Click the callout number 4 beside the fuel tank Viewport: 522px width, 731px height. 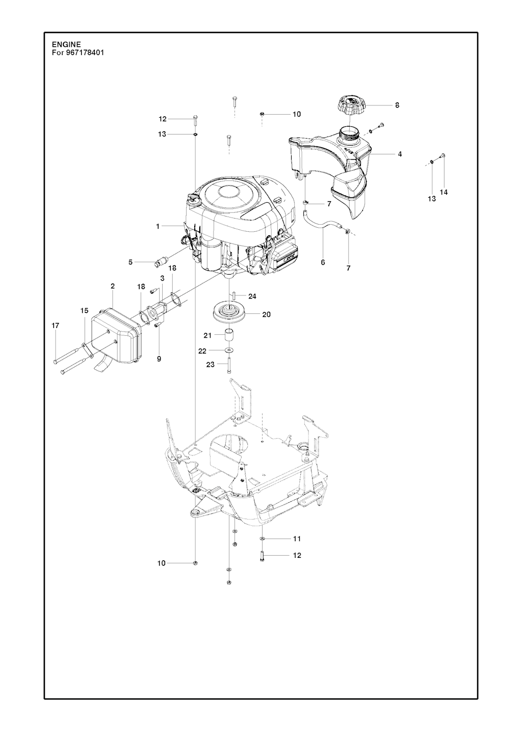pyautogui.click(x=400, y=154)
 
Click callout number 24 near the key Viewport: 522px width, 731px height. pyautogui.click(x=252, y=296)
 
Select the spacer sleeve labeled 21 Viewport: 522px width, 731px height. pyautogui.click(x=228, y=335)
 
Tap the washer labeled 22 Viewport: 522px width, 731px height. pyautogui.click(x=228, y=350)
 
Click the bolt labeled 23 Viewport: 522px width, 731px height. pyautogui.click(x=228, y=365)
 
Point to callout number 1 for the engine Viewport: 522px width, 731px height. pyautogui.click(x=158, y=226)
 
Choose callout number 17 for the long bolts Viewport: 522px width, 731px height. pyautogui.click(x=56, y=326)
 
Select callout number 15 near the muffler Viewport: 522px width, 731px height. pyautogui.click(x=84, y=311)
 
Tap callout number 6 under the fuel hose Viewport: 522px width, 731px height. pyautogui.click(x=323, y=262)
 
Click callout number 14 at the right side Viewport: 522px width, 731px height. pyautogui.click(x=443, y=192)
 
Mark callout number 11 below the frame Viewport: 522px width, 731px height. pyautogui.click(x=297, y=538)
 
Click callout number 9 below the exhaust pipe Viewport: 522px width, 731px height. pyautogui.click(x=159, y=359)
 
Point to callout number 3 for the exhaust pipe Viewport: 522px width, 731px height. pyautogui.click(x=162, y=278)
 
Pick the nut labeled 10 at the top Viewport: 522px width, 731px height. pyautogui.click(x=263, y=114)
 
